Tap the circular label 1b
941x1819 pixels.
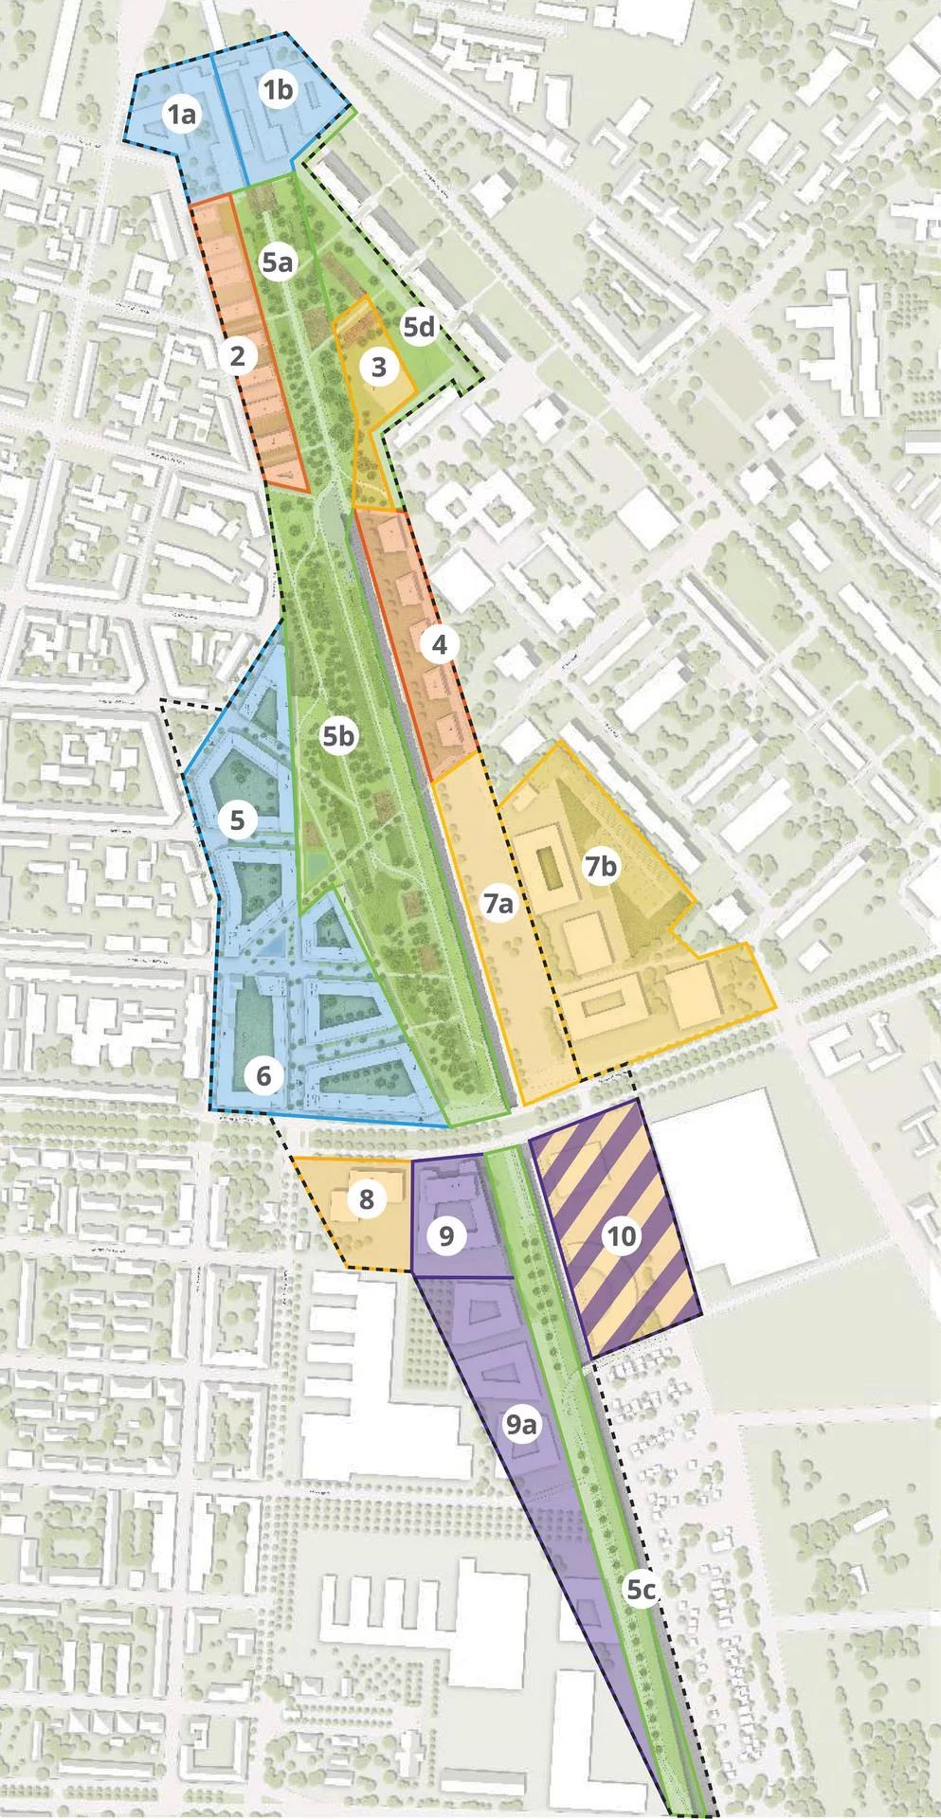click(x=280, y=91)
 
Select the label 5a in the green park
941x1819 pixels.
click(x=276, y=262)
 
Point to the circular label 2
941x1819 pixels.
click(x=237, y=356)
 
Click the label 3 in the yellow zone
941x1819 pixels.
click(x=379, y=367)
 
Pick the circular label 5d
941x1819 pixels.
click(x=419, y=328)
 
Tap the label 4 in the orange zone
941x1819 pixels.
click(x=439, y=645)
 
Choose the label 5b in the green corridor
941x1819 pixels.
click(x=338, y=736)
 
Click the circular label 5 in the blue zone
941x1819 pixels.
click(x=238, y=819)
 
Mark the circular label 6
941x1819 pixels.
click(x=263, y=1075)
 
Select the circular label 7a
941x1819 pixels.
click(x=498, y=905)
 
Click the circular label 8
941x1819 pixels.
click(x=366, y=1199)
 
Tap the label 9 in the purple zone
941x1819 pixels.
click(x=446, y=1235)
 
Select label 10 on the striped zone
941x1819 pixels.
click(x=622, y=1235)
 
